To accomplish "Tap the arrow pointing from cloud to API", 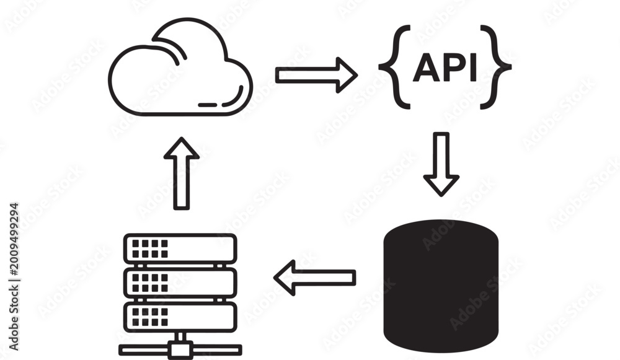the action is point(316,75).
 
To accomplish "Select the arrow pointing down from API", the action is point(441,164).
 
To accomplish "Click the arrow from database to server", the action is point(315,278).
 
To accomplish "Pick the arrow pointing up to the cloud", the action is point(182,173).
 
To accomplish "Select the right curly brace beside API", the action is point(496,67).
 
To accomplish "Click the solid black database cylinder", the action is point(441,286).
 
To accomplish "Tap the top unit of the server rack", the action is point(180,248).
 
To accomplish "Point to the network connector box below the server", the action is point(180,350).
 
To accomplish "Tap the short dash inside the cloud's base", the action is point(208,105).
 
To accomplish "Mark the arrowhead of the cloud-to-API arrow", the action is point(347,75).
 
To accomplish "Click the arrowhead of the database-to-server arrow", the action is point(285,278).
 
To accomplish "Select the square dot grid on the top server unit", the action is point(150,248).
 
